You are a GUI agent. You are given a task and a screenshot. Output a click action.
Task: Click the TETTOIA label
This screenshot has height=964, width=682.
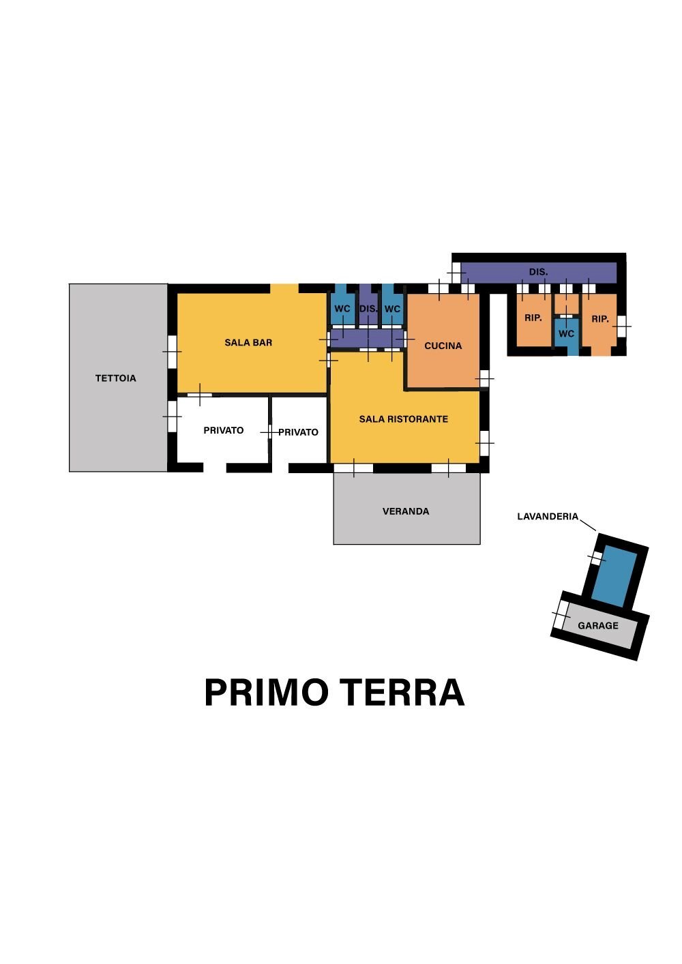tap(116, 378)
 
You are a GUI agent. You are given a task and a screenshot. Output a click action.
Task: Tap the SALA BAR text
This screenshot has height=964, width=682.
tap(248, 342)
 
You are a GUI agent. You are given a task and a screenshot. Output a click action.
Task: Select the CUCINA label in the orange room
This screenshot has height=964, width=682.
tap(443, 346)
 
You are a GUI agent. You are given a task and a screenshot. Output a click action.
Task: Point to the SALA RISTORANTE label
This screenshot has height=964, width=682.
tap(404, 419)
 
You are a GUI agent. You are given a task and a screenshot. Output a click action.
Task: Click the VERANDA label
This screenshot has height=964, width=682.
tap(406, 511)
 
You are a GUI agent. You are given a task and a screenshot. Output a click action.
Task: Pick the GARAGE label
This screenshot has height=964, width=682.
tap(598, 626)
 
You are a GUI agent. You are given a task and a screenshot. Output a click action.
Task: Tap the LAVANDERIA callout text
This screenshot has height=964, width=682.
tap(548, 517)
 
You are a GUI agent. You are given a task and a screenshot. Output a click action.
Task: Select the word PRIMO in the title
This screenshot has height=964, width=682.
tap(266, 693)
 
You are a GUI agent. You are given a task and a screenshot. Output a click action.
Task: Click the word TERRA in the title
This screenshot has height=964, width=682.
tap(402, 693)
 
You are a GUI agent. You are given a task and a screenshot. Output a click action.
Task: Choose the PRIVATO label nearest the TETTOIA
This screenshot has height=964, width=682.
tap(224, 430)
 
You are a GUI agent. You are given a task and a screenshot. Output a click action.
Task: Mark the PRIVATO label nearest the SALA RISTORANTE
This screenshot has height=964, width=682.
tap(298, 432)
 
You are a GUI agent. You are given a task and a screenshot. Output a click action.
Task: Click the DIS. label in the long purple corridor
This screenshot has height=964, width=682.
tap(538, 272)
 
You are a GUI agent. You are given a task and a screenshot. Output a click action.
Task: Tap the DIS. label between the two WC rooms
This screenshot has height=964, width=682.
tap(368, 309)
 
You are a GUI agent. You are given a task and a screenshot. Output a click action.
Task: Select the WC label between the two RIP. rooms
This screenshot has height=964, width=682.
tap(566, 334)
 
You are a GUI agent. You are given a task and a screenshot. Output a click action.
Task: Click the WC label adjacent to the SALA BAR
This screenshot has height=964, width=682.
tap(342, 309)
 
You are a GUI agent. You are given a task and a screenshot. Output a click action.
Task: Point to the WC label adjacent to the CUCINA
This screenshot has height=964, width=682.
tap(392, 309)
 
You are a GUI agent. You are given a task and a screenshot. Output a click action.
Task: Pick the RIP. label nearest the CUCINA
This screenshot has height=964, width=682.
tap(533, 318)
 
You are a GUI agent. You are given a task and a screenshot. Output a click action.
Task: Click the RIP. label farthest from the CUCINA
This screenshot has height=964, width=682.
tap(599, 319)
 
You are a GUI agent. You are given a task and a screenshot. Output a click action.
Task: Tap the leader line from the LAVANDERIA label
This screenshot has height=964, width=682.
tap(589, 526)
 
